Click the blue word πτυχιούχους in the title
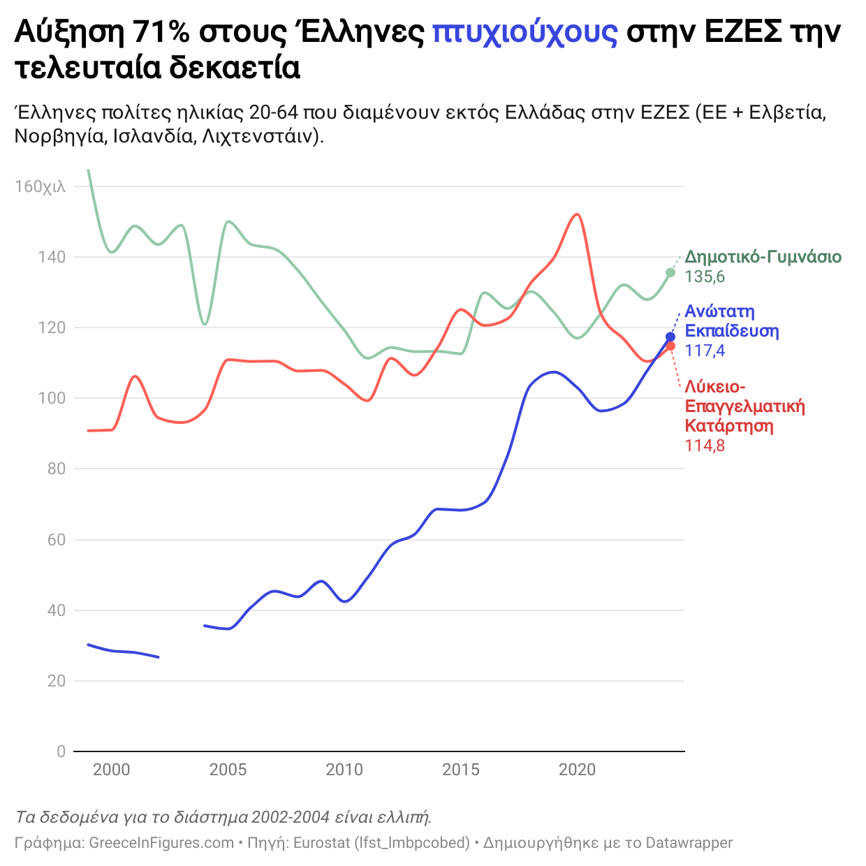coord(524,32)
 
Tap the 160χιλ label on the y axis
coord(41,186)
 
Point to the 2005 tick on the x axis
coord(228,770)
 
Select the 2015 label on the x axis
coord(461,770)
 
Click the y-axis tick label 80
coord(57,469)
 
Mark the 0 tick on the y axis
coord(61,751)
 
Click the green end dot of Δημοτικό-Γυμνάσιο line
coord(670,272)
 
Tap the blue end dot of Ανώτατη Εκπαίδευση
coord(670,337)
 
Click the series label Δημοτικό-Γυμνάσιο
coord(763,257)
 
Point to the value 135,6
coord(705,277)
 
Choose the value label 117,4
coord(705,351)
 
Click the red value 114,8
coord(705,446)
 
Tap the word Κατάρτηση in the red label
coord(729,426)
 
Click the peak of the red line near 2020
coord(576,214)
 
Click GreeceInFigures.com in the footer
coord(161,843)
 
